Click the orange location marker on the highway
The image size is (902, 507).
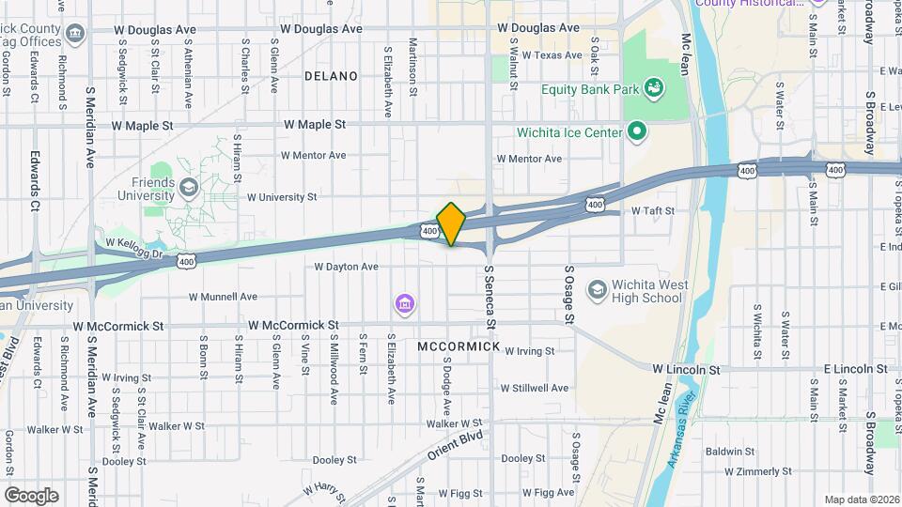click(x=452, y=223)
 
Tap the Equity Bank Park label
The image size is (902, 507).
click(x=590, y=90)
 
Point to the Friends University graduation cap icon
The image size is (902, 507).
click(x=190, y=189)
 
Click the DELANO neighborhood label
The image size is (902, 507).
click(x=331, y=75)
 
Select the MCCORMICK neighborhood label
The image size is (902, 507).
click(x=459, y=346)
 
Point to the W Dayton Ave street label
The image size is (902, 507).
click(x=346, y=267)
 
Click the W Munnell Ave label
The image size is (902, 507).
click(x=223, y=297)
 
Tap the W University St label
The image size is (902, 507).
click(x=281, y=197)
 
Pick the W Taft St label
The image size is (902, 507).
click(x=653, y=211)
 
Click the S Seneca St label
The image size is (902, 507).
click(x=490, y=297)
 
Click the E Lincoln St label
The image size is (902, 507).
click(x=855, y=370)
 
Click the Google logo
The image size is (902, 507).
click(x=31, y=495)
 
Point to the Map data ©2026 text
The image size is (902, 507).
click(x=861, y=499)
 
